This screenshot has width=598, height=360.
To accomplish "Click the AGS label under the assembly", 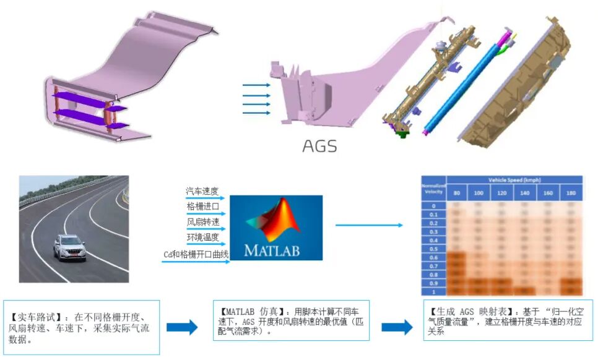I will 319,146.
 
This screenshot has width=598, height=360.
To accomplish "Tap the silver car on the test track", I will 70,247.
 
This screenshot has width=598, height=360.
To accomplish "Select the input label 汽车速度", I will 202,192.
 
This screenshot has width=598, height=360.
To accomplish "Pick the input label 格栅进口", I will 202,207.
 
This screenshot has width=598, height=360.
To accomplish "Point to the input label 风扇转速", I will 202,222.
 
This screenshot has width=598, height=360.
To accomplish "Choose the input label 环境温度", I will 202,238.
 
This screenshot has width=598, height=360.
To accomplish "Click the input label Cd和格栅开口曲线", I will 196,254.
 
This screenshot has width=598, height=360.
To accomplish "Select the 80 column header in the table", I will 457,194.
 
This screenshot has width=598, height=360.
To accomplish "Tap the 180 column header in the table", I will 571,194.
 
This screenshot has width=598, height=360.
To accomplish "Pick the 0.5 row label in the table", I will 433,249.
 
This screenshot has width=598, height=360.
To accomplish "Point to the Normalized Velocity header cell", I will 433,189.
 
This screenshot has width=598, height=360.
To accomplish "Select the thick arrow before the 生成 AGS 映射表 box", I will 396,327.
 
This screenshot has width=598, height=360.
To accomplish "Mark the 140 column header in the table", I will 526,194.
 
